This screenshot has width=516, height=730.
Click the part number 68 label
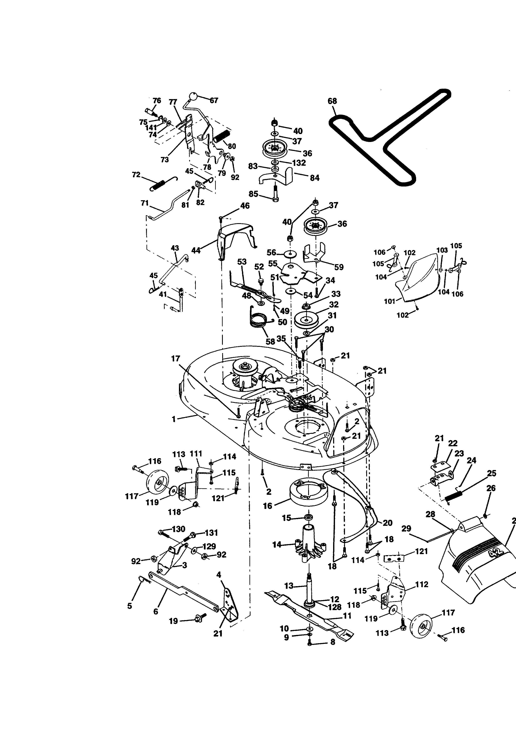coord(332,101)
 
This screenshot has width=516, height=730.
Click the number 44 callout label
coord(196,251)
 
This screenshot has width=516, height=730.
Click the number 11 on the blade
coord(347,616)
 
